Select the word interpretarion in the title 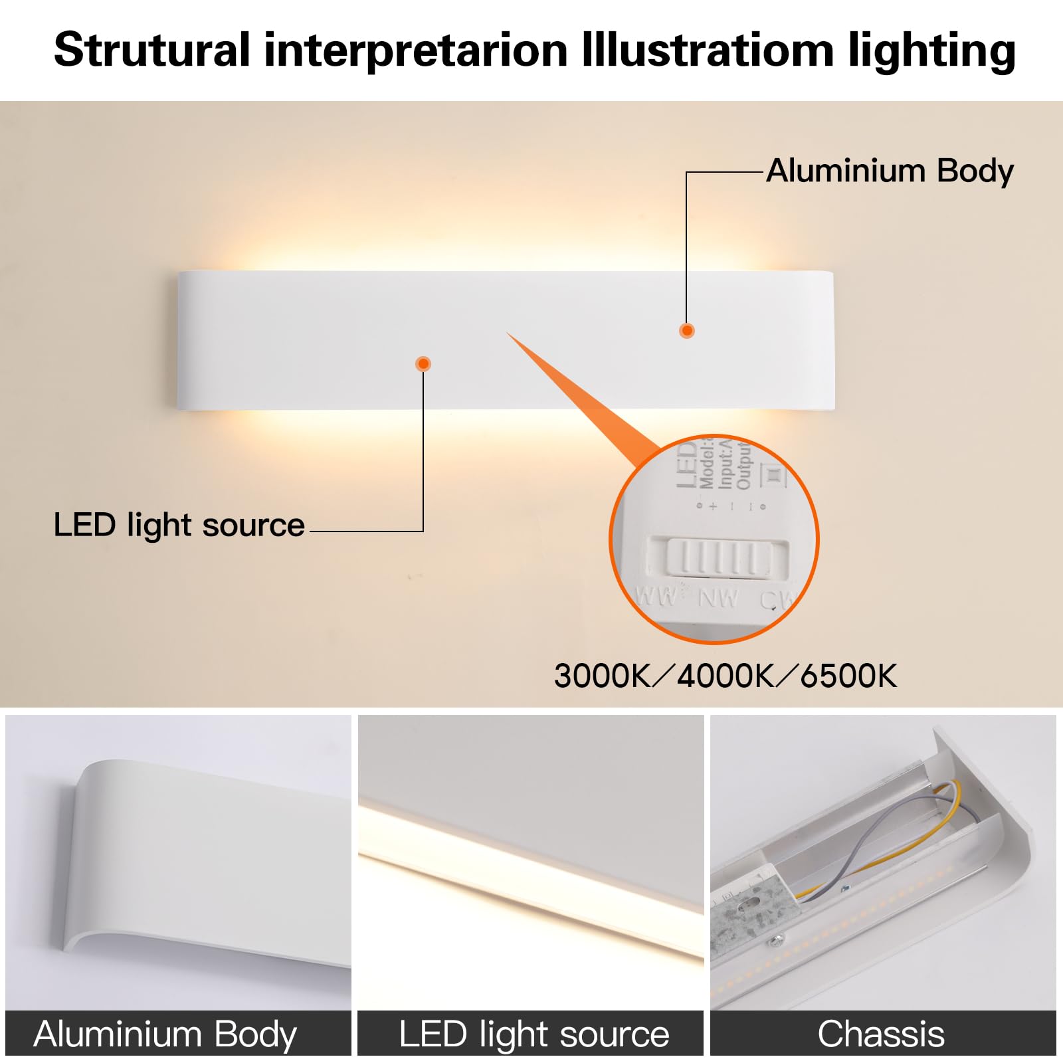(416, 50)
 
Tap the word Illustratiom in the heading (708, 50)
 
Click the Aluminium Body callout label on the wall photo (890, 171)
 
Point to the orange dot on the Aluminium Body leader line (687, 330)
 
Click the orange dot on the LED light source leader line (423, 363)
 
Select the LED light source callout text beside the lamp (179, 525)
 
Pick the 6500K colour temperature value (848, 676)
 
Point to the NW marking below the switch (718, 599)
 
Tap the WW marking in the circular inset (656, 595)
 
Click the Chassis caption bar (882, 1034)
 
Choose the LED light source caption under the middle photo (534, 1034)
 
